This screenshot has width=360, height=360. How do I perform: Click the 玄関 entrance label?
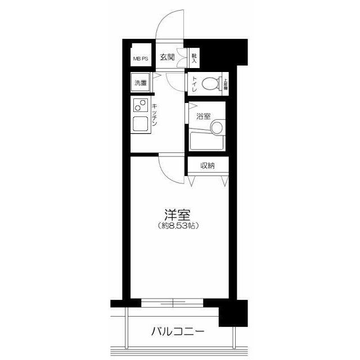(x=167, y=57)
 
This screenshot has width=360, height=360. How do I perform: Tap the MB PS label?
(x=141, y=58)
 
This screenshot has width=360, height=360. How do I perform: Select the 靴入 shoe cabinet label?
(x=194, y=56)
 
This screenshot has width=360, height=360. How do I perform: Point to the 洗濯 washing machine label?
(x=141, y=83)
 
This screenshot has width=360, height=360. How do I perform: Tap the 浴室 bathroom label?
(x=203, y=116)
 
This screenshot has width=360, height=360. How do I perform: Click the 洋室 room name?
(x=177, y=215)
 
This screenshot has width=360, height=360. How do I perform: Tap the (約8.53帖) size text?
(x=177, y=226)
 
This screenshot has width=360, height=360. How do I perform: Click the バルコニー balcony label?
(x=177, y=331)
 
